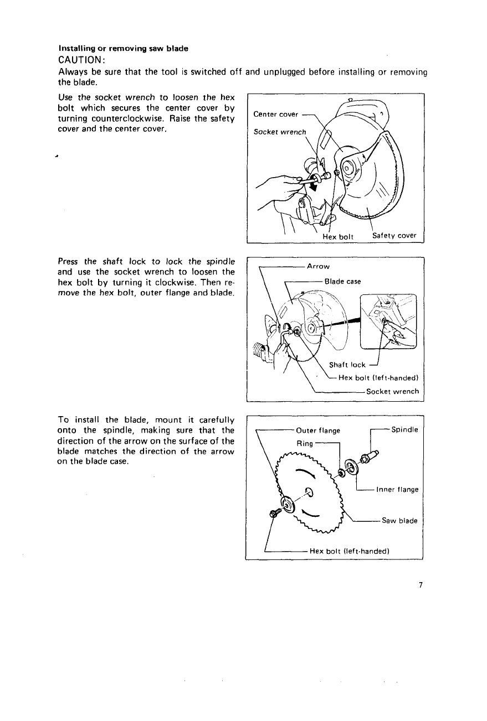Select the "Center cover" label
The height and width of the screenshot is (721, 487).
coord(275,115)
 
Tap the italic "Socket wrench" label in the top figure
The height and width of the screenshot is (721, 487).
coord(279,132)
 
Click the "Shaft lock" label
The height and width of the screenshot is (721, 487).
coord(347,365)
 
